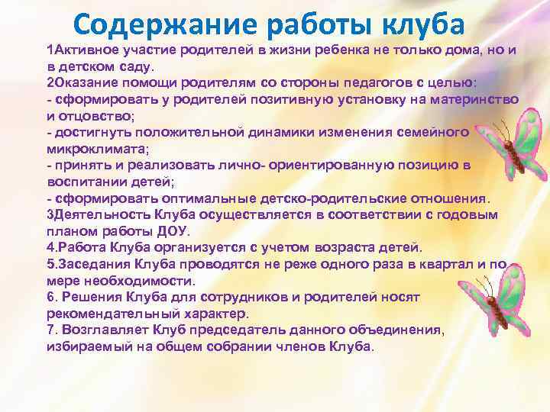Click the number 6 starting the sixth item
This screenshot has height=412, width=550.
click(50, 297)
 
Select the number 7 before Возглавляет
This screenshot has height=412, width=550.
click(50, 330)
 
